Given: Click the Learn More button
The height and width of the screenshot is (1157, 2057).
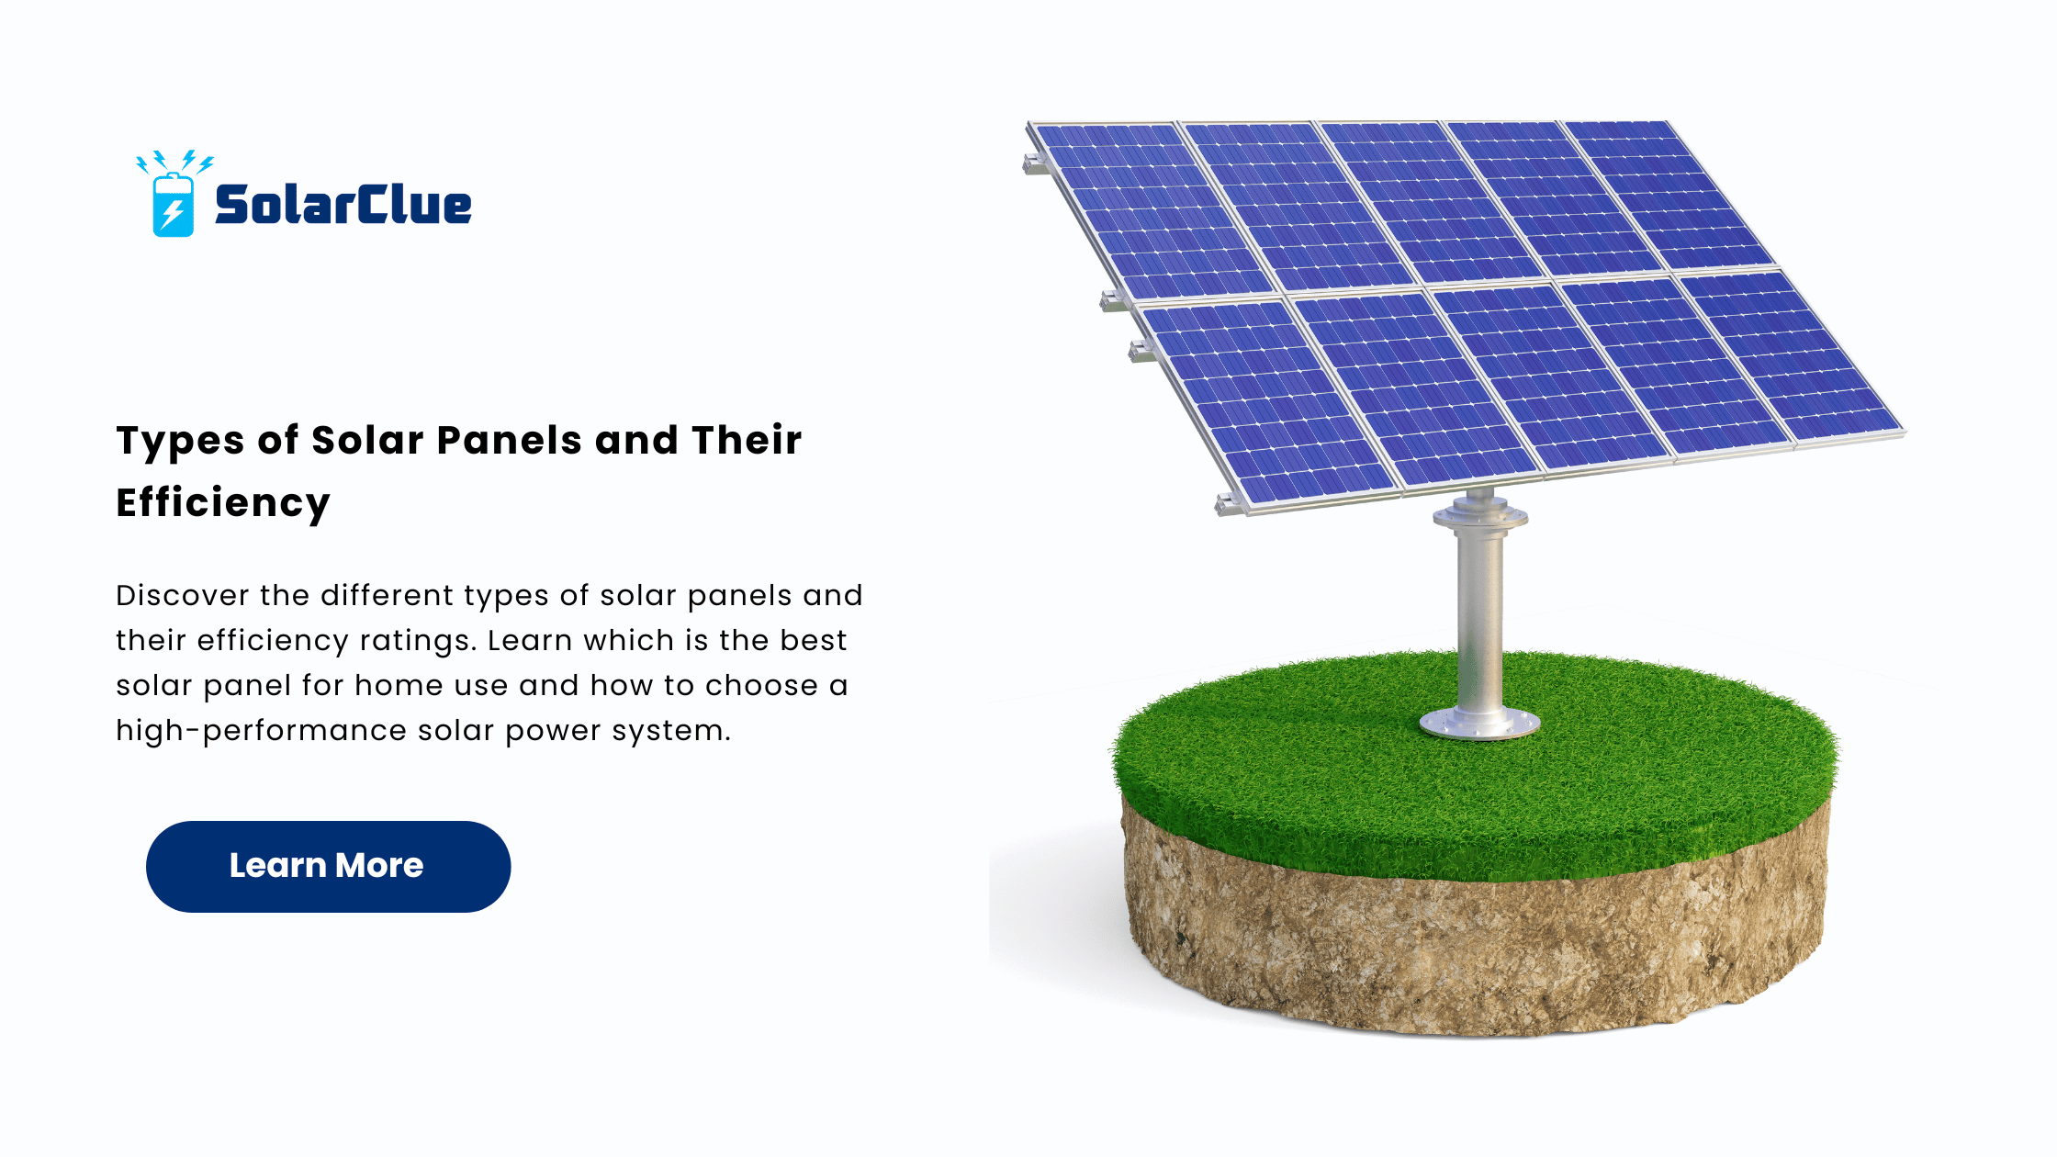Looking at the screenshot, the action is coord(328,866).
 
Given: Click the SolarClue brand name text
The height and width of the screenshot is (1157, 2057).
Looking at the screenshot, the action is coord(343,204).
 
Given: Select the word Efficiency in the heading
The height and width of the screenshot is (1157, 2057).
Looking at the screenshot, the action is coord(223,503).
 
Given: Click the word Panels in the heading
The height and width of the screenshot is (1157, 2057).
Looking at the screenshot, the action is coord(510,440).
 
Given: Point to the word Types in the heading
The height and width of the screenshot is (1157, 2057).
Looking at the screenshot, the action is coord(180,442).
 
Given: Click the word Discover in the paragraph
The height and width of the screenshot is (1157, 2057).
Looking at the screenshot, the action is coord(183,595).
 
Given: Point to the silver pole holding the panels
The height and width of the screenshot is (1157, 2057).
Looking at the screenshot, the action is coord(1479,624).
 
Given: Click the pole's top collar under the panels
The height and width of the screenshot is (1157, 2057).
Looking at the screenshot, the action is coord(1480,514).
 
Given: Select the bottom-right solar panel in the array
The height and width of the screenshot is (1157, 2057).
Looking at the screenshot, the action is coord(1791,354).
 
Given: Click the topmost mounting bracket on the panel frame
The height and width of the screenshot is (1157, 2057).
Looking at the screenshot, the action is coord(1036,164).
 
